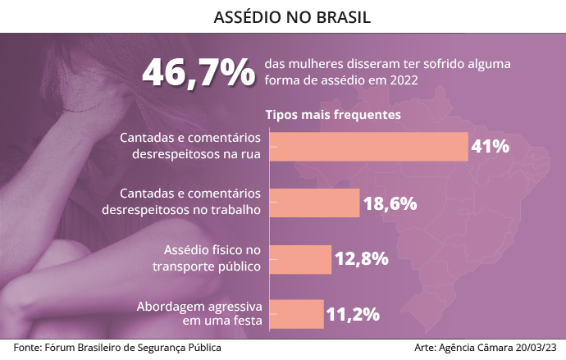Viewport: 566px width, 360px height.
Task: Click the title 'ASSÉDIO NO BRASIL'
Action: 283,16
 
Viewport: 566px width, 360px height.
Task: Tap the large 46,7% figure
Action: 199,72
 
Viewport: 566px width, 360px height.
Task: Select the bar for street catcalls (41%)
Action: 368,146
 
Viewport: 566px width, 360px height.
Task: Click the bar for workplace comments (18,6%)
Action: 314,203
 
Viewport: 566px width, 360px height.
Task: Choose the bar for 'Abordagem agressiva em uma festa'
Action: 296,313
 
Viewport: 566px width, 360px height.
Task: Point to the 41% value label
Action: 490,146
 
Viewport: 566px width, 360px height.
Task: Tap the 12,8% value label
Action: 361,259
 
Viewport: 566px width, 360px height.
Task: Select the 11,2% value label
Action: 352,314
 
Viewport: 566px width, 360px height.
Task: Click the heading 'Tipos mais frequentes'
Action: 332,115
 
